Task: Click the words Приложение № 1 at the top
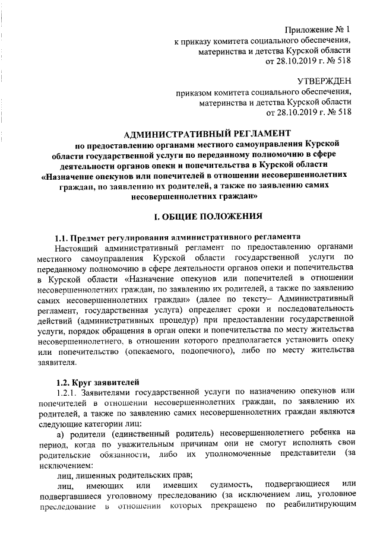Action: pos(318,29)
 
